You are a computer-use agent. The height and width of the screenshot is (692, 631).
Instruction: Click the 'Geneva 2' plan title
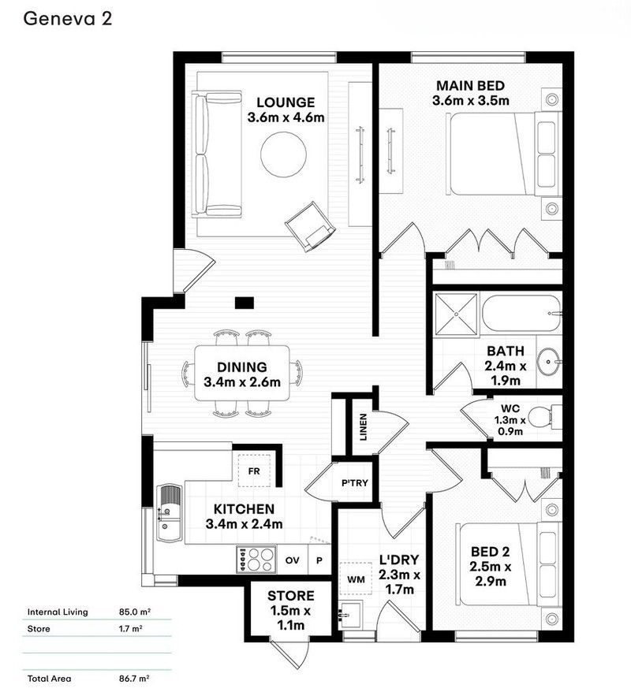(x=67, y=20)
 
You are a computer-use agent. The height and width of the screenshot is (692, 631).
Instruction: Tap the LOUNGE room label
(x=286, y=102)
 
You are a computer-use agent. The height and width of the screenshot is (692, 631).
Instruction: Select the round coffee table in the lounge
(x=283, y=154)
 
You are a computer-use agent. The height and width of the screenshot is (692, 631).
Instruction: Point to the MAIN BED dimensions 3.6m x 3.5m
(x=470, y=100)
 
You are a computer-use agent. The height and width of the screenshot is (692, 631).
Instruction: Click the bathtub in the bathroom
(x=521, y=313)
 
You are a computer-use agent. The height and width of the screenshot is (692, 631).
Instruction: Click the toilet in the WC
(x=543, y=417)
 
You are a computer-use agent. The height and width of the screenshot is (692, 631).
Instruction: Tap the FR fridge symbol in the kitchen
(x=254, y=471)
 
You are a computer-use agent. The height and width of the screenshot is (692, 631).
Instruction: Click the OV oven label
(x=293, y=560)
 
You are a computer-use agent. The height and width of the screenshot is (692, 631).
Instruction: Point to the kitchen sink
(x=169, y=513)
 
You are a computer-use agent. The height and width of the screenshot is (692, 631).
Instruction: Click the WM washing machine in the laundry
(x=355, y=579)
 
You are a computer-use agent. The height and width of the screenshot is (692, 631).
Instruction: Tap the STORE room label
(x=290, y=596)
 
